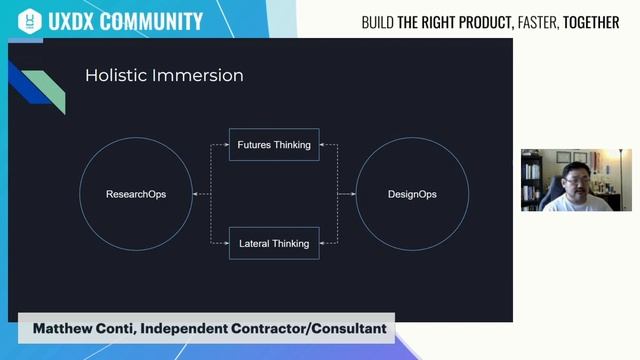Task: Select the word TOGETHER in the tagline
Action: tap(592, 22)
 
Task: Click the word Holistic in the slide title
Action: tap(116, 75)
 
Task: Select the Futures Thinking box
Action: tap(274, 145)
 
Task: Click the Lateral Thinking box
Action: tap(274, 243)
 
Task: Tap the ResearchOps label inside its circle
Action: tap(136, 194)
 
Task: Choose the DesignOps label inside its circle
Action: tap(412, 194)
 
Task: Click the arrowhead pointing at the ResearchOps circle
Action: tap(197, 194)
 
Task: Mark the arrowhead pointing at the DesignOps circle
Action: tap(353, 194)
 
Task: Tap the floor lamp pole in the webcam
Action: tap(623, 180)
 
